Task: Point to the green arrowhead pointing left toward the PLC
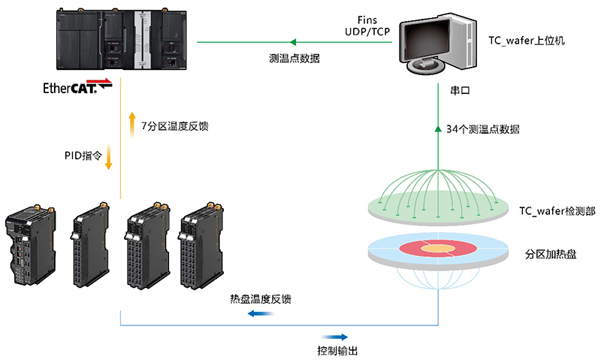point(294,42)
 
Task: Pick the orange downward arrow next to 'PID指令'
point(109,157)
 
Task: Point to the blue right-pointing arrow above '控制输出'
point(335,337)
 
